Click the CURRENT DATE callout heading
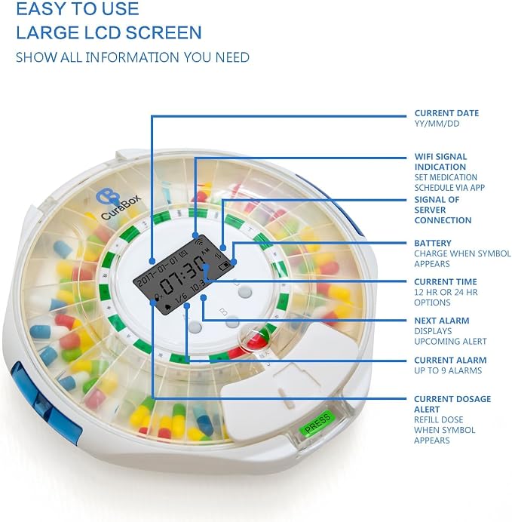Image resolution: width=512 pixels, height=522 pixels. [x=446, y=113]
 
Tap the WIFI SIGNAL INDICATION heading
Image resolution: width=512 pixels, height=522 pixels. [x=440, y=161]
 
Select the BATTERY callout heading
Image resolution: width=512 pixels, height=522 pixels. [x=433, y=243]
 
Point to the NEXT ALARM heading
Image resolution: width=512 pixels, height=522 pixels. [x=442, y=321]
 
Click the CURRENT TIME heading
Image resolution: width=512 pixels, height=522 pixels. [x=446, y=281]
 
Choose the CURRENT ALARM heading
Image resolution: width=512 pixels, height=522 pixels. [x=450, y=360]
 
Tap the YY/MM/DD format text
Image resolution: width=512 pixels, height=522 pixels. [x=437, y=124]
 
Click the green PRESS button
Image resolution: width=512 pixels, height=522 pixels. [x=317, y=422]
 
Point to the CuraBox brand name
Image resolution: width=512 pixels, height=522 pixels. [x=121, y=207]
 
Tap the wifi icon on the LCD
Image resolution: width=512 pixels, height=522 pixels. [x=198, y=241]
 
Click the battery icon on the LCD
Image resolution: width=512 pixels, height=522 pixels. [x=224, y=266]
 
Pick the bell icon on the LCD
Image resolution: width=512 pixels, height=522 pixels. [x=168, y=306]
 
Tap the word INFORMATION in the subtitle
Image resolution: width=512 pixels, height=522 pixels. [x=133, y=57]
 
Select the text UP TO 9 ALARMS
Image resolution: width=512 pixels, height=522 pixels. [x=448, y=370]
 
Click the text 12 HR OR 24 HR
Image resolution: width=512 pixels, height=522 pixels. [x=446, y=292]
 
